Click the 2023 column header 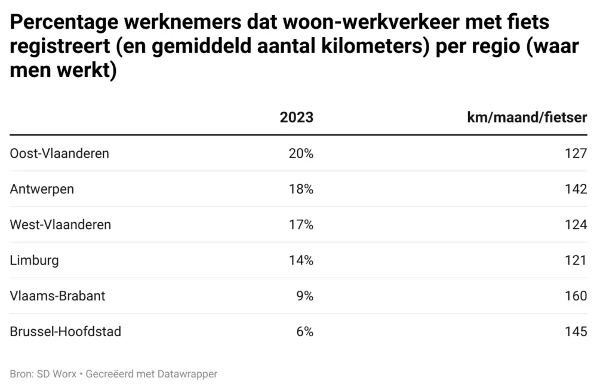click(296, 117)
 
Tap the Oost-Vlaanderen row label click(60, 153)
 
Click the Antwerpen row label click(42, 189)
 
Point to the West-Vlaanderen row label click(60, 225)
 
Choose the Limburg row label click(34, 260)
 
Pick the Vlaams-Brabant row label click(57, 296)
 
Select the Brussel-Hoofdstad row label click(66, 331)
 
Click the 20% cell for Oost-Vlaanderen click(301, 153)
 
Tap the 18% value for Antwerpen click(301, 189)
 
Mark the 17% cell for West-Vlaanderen click(301, 225)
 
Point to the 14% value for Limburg click(301, 260)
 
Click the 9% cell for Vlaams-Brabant click(304, 296)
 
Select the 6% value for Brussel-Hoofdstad click(304, 331)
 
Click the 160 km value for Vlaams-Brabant click(576, 296)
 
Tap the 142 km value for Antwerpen click(576, 189)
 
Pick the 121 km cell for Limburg click(576, 260)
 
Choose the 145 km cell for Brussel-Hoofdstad click(576, 331)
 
